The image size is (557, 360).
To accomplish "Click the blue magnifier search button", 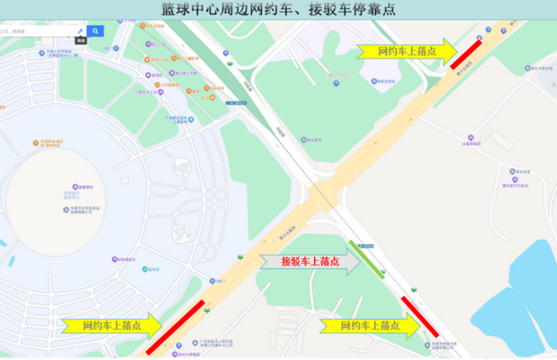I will (96, 31).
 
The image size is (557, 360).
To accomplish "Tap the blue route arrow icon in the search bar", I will (80, 30).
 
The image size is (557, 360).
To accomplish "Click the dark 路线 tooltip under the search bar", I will (80, 41).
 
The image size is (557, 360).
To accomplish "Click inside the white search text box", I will (35, 31).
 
